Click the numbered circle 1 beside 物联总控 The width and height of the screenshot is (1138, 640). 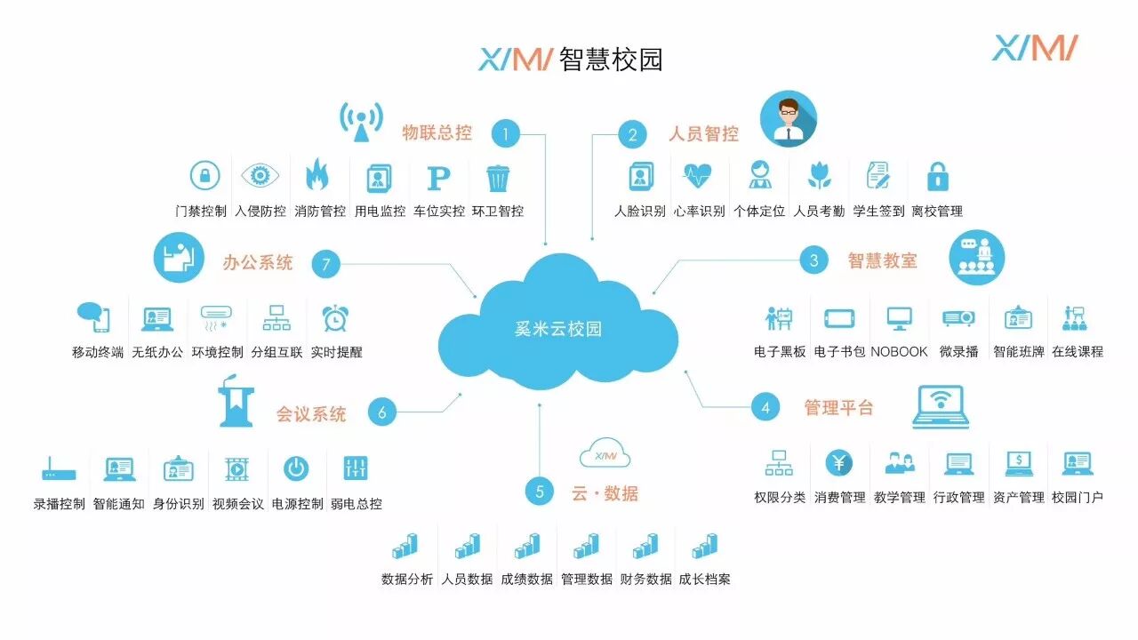pos(505,134)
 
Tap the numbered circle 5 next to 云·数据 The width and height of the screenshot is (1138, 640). pos(539,492)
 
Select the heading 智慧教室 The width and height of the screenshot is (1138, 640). pos(882,260)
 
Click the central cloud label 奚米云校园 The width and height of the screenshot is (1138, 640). pos(557,329)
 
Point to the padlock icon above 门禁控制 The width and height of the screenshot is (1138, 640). pos(205,176)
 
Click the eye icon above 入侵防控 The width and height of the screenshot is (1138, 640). pos(260,176)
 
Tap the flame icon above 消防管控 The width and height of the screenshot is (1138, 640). pos(317,176)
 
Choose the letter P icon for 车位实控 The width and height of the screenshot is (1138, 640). pos(438,178)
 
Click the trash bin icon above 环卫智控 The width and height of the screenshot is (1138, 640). pos(498,178)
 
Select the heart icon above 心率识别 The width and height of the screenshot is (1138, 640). pos(698,176)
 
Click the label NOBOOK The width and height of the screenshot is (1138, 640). pos(899,352)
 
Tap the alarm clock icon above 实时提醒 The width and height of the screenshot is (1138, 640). pos(335,317)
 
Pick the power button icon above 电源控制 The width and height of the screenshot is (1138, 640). pos(296,468)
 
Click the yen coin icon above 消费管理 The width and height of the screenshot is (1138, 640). pos(838,462)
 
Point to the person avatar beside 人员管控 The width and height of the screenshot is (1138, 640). pos(788,119)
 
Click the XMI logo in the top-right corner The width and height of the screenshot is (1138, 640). pos(1035,47)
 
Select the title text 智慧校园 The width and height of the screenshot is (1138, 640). pos(612,60)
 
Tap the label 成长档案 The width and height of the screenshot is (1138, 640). pos(704,580)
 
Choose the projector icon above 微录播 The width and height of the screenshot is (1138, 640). pos(958,317)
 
